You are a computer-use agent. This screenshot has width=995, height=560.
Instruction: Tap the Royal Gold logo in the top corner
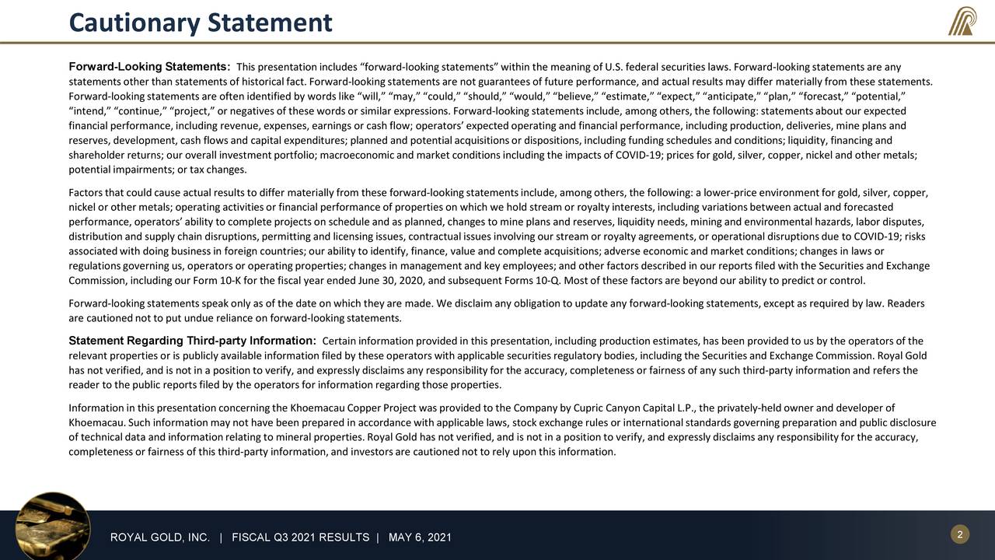pos(962,21)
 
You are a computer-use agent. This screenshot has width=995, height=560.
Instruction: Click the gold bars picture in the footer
pos(53,525)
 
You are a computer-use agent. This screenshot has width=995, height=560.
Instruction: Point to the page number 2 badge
pos(960,534)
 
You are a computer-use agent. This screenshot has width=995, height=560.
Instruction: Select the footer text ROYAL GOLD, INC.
pos(160,538)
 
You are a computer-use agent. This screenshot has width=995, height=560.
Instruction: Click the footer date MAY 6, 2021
pos(420,538)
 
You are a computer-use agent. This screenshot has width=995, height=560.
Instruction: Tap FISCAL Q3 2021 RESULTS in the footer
pos(300,538)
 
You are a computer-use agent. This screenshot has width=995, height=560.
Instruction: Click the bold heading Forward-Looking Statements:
pos(149,66)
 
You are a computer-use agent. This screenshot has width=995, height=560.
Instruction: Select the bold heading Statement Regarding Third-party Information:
pos(192,341)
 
